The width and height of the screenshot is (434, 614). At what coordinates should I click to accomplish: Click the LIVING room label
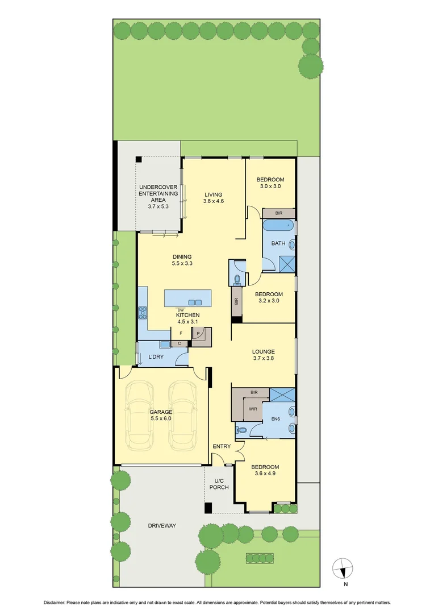(214, 194)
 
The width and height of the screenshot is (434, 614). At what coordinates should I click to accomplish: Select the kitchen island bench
(187, 298)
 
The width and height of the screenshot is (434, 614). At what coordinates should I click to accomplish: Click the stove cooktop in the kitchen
(142, 312)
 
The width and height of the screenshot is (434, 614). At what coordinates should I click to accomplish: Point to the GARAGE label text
(161, 412)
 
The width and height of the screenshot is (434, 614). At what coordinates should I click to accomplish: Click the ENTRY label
(222, 446)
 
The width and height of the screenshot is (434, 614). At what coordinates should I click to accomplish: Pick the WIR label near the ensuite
(252, 408)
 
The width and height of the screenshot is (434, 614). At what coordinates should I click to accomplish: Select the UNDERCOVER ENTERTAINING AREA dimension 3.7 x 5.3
(158, 206)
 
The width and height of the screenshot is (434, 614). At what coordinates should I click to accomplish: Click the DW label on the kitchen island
(181, 309)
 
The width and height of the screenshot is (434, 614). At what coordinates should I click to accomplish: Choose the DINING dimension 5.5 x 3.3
(182, 263)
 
